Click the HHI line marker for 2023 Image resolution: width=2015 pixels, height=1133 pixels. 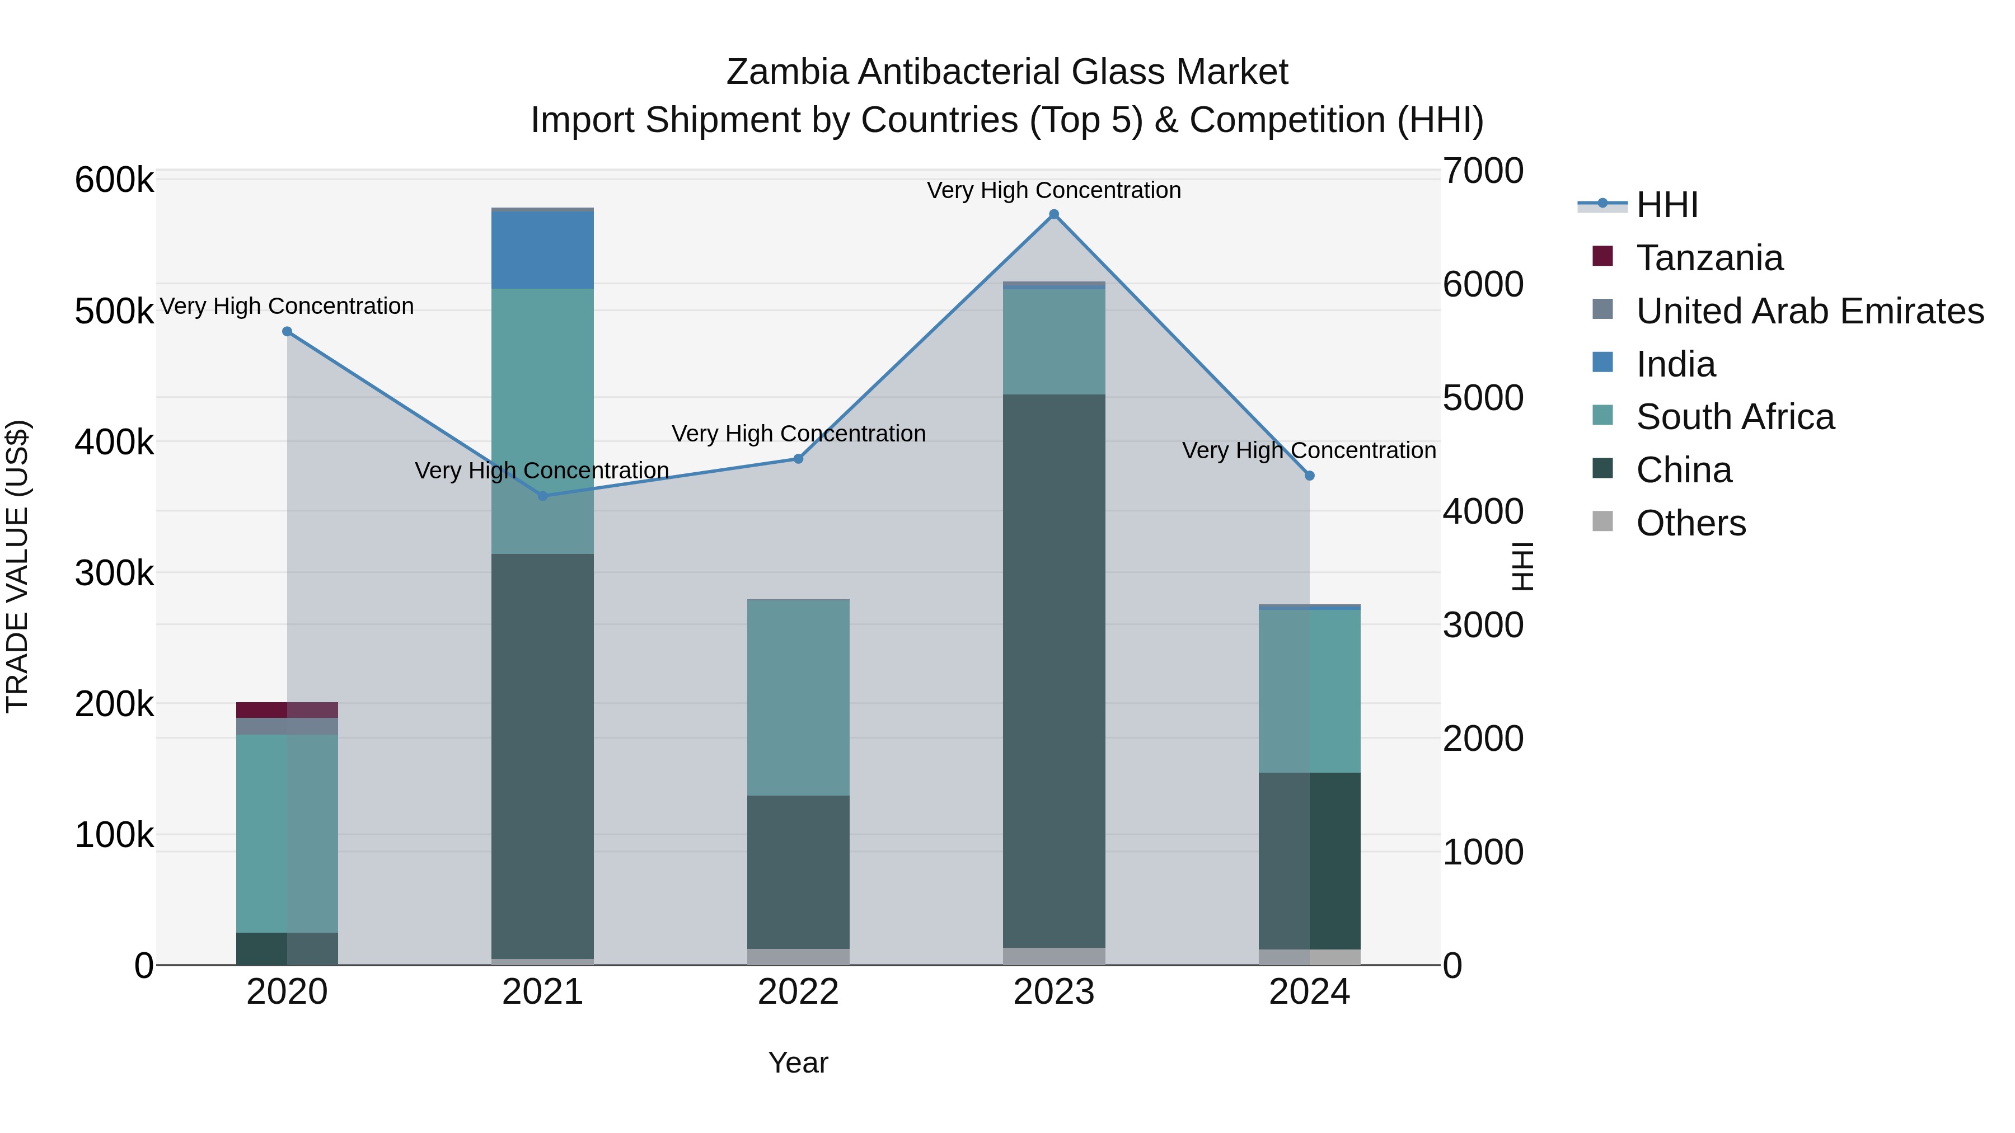[x=1053, y=214]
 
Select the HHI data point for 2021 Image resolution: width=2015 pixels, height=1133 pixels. [x=543, y=496]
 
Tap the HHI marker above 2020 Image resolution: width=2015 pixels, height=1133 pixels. [x=287, y=332]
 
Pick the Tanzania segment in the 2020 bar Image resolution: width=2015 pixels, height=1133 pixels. [x=287, y=710]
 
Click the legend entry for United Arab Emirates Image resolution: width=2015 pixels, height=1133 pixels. [x=1809, y=311]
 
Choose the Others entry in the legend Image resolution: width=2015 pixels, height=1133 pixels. [x=1690, y=523]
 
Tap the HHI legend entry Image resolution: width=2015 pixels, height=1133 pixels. [x=1666, y=205]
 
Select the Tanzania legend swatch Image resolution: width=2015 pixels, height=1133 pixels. [x=1603, y=256]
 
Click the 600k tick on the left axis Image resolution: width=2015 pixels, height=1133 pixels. [x=114, y=180]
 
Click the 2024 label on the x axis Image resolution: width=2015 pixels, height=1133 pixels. [x=1309, y=992]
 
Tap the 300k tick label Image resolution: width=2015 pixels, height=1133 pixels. [x=114, y=573]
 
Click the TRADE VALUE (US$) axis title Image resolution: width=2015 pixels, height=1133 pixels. [x=17, y=566]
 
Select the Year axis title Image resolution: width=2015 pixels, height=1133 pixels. [x=798, y=1063]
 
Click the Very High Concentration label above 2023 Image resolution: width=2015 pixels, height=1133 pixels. [x=1053, y=190]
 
